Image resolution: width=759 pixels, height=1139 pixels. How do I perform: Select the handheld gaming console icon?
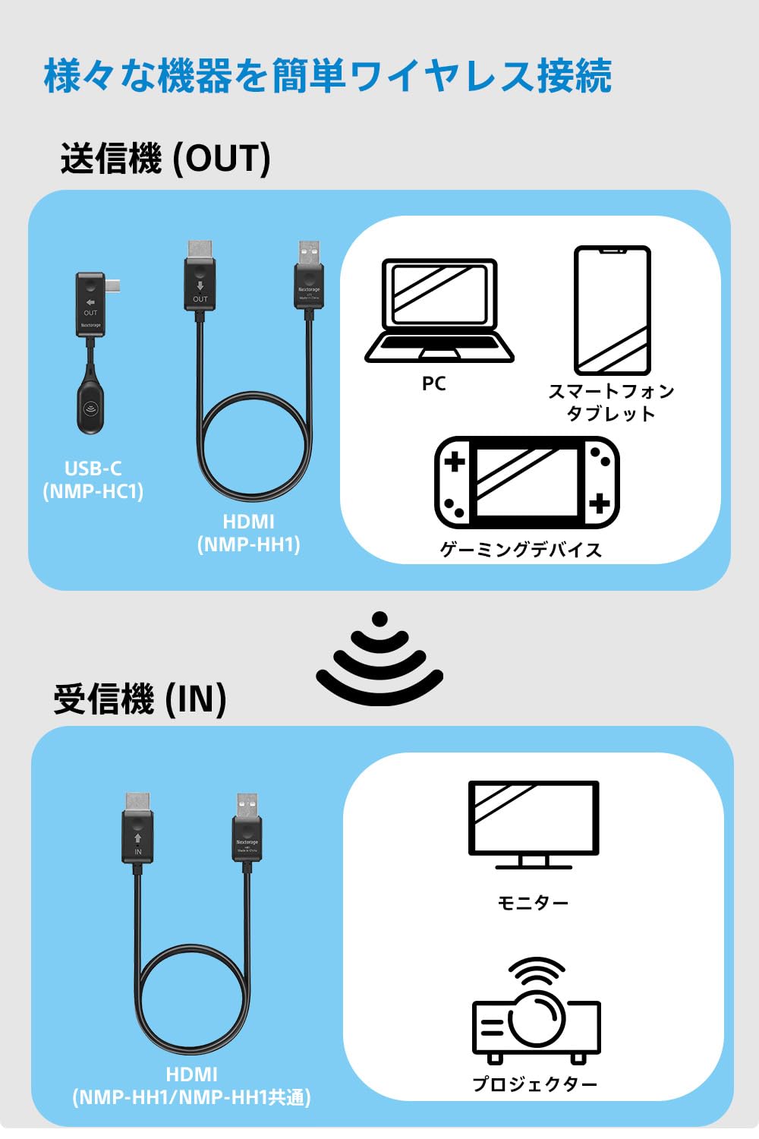(x=527, y=483)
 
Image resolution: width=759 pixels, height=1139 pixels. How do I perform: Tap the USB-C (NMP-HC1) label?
(x=93, y=480)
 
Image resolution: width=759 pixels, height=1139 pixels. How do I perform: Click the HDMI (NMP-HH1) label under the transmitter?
(x=248, y=533)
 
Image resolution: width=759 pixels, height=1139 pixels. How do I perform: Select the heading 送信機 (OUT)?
(x=165, y=159)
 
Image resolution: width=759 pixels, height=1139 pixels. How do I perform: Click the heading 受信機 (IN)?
(x=140, y=699)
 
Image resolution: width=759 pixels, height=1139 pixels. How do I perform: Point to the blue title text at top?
(x=328, y=76)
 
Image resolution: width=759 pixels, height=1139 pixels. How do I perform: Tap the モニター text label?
(x=533, y=903)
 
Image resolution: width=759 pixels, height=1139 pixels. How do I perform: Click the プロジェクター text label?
(x=535, y=1084)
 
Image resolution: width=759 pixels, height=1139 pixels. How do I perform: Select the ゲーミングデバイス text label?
(x=521, y=550)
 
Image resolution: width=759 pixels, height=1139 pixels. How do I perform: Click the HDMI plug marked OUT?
(x=200, y=278)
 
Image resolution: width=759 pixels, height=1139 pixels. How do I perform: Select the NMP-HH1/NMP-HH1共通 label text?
(x=191, y=1097)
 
